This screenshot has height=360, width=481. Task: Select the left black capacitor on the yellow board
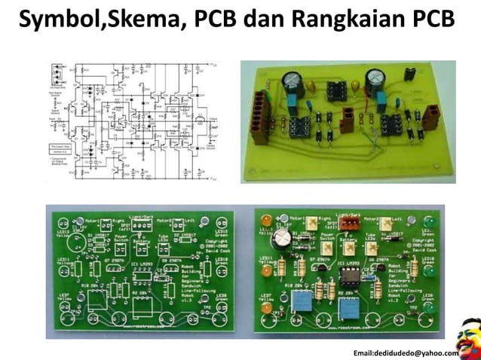point(291,82)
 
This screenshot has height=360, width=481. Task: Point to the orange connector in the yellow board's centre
point(348,117)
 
